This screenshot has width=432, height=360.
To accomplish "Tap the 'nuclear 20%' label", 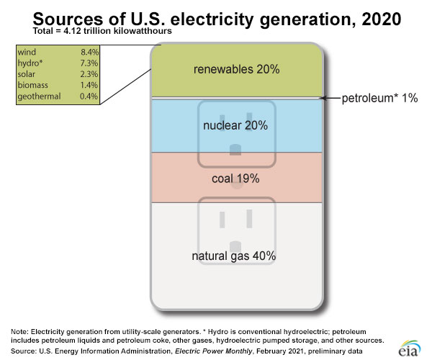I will tap(235, 125).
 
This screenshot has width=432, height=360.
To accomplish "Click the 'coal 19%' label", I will tap(235, 178).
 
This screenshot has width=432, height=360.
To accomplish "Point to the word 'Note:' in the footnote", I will tap(22, 330).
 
